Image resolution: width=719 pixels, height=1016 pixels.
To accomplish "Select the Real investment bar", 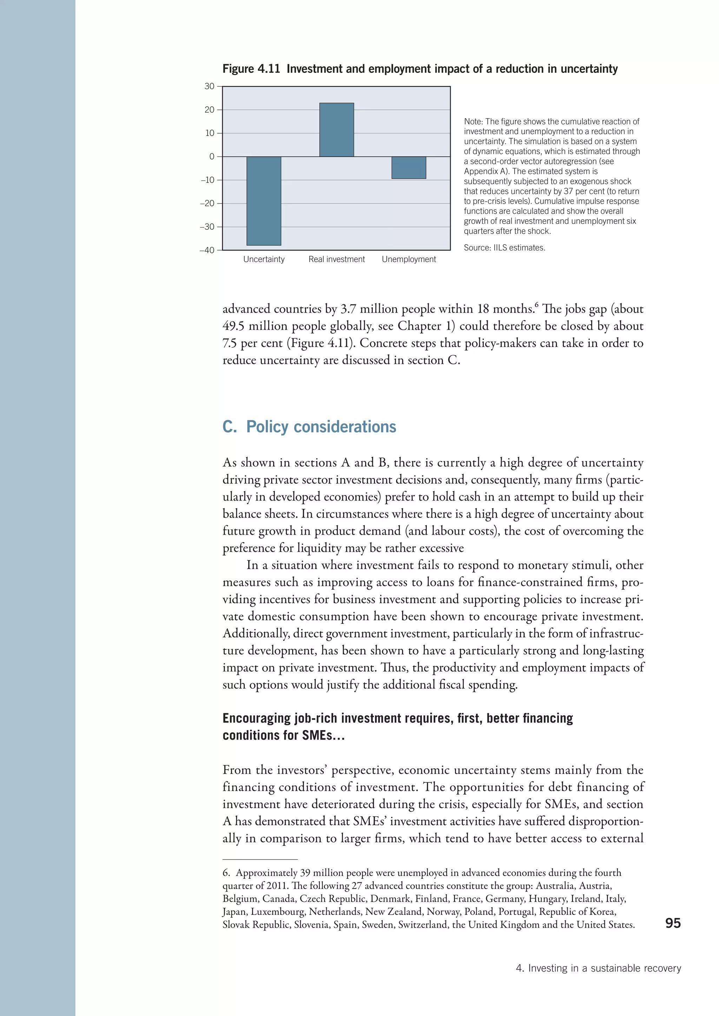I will (x=336, y=130).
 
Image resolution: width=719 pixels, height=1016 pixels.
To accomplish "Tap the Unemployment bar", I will (x=409, y=168).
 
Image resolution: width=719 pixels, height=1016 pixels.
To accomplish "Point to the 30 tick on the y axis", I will (x=209, y=86).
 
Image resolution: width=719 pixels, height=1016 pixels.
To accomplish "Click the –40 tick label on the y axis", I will (x=207, y=250).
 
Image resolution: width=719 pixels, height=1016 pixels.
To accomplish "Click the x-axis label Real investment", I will (x=336, y=259).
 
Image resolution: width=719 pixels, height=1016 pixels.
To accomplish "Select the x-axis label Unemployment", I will (x=409, y=259).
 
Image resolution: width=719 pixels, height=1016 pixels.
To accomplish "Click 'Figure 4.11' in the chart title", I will (x=251, y=69).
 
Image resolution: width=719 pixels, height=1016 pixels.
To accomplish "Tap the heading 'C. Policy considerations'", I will (x=309, y=427).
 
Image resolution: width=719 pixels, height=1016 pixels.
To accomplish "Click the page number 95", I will (x=673, y=923).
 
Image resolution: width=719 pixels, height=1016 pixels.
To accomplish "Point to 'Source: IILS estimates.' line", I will (x=504, y=248).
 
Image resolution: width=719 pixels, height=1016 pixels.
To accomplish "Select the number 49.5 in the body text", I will (x=233, y=326).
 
